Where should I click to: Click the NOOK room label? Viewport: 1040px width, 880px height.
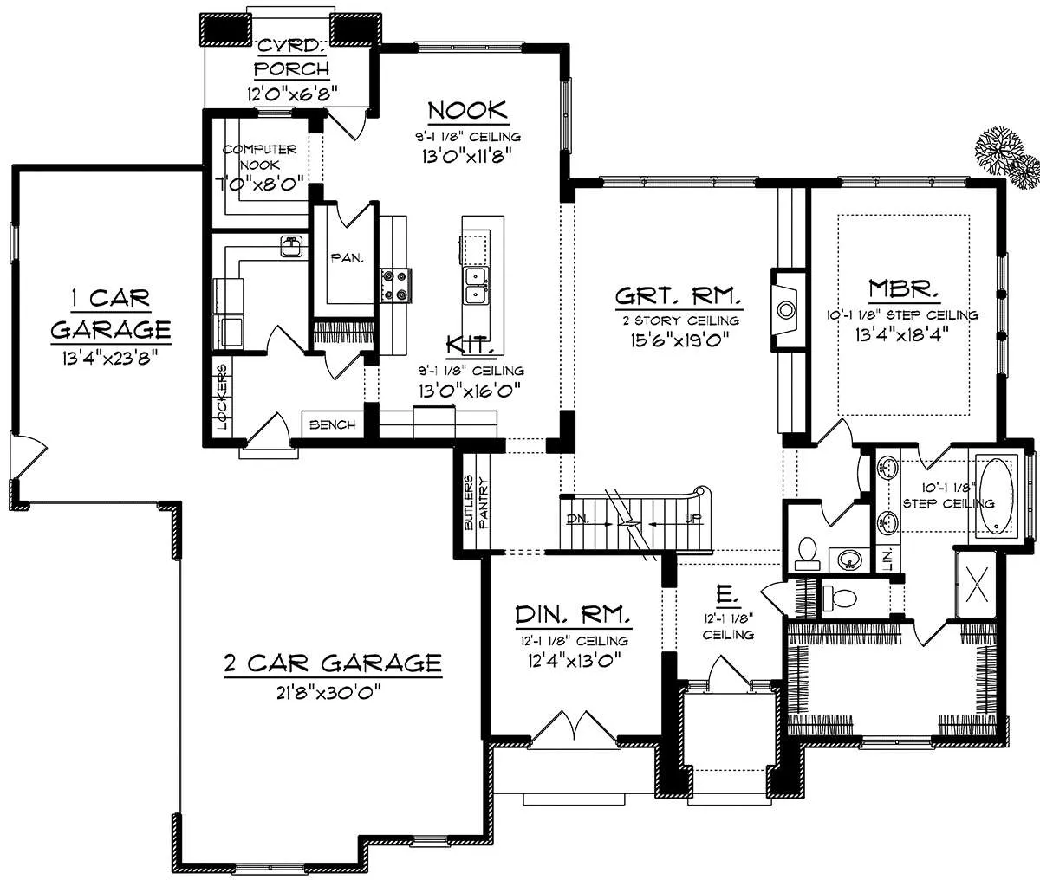467,111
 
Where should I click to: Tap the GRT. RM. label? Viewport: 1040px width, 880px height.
679,296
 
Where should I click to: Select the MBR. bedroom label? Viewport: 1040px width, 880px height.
904,289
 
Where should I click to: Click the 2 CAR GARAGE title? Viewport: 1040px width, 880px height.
333,663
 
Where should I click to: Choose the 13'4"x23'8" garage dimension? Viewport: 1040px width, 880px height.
110,359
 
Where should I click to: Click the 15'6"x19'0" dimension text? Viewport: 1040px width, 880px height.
679,340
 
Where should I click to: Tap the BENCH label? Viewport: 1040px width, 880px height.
332,425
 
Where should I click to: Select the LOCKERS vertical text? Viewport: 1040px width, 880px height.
222,398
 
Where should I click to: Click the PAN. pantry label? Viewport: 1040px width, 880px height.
347,258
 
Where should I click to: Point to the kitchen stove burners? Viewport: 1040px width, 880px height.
395,285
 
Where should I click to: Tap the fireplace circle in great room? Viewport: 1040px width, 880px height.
786,310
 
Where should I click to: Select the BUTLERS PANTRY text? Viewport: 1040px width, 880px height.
476,502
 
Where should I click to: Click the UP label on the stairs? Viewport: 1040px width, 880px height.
693,519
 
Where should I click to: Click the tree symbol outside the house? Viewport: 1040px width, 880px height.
1006,157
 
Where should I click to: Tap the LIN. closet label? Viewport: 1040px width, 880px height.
887,559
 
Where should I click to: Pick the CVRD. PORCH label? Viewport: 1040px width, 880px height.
291,58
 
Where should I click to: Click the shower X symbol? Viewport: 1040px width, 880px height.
976,585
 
